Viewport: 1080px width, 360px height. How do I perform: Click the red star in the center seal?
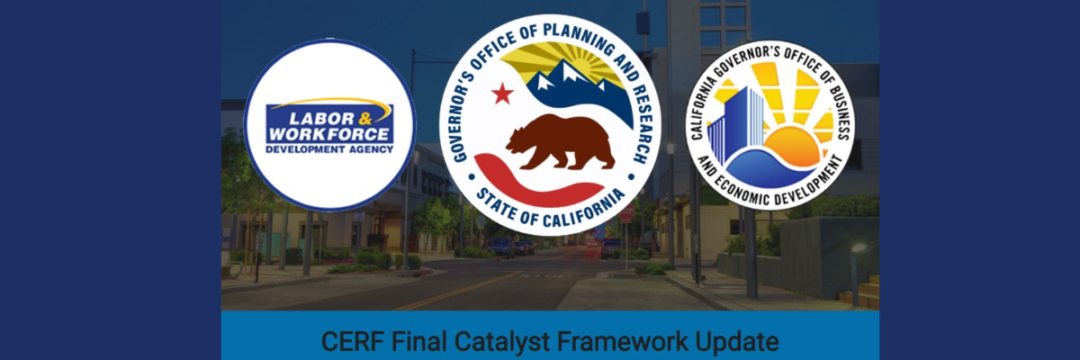[502, 94]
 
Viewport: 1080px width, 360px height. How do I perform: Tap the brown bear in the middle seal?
[560, 141]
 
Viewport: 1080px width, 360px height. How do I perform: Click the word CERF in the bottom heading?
[353, 342]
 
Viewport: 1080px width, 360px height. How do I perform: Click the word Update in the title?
[737, 343]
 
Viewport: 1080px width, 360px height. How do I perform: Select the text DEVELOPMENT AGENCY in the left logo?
[329, 149]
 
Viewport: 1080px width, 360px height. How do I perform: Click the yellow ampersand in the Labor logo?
[365, 119]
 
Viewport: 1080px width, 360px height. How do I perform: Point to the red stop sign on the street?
[626, 212]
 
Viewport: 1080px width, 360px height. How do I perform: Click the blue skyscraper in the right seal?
[736, 124]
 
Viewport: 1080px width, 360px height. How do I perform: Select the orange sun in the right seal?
[791, 146]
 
